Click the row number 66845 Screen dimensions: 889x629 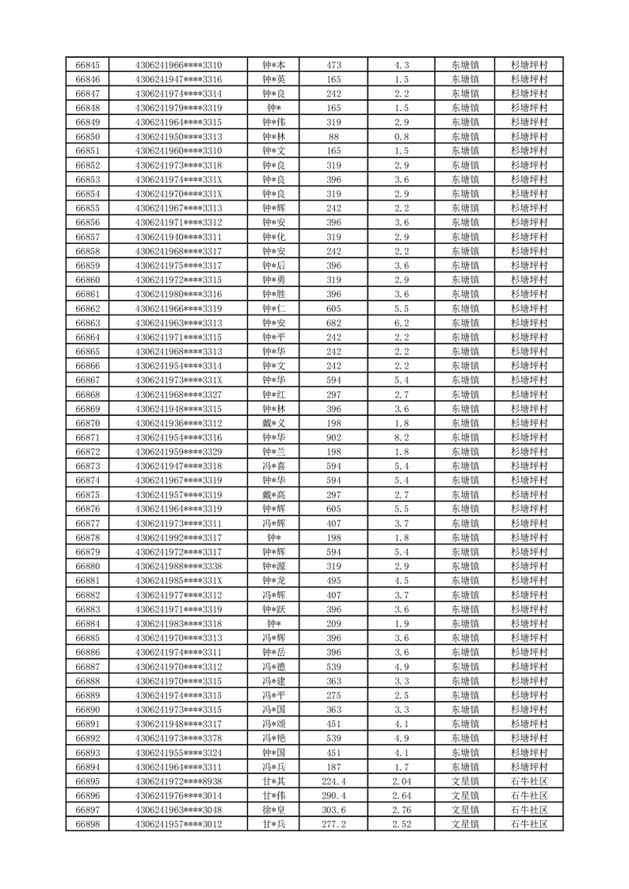click(87, 65)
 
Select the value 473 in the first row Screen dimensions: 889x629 click(334, 65)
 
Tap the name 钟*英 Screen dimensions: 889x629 click(274, 79)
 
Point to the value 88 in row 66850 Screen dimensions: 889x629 click(334, 136)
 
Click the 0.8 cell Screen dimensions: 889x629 click(401, 136)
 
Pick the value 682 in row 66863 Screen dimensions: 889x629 click(334, 322)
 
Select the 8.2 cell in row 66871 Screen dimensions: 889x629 click(401, 437)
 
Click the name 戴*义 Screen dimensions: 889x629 click(274, 423)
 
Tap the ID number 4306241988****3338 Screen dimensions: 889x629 click(179, 566)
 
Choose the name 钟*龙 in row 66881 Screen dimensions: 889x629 click(274, 580)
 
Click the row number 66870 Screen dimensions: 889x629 click(87, 423)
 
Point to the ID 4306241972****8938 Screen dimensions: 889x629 click(179, 780)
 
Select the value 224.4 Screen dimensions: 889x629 click(334, 780)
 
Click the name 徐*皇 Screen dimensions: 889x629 click(274, 810)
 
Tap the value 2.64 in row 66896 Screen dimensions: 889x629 click(401, 795)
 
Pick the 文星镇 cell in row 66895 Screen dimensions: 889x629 click(465, 780)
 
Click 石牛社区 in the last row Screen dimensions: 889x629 click(530, 824)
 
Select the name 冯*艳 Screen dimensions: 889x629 click(274, 738)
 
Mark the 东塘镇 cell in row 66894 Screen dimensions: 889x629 click(465, 766)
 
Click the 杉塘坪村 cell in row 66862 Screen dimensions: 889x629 click(530, 308)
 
